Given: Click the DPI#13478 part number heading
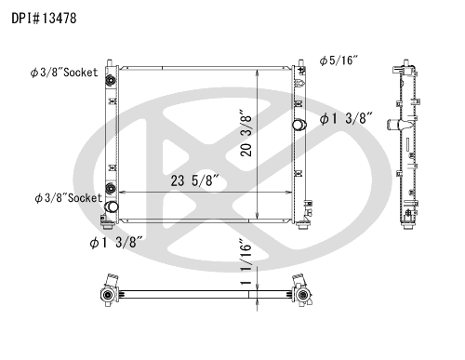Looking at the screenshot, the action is click(44, 19).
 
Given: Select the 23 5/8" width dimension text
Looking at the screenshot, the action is click(195, 180).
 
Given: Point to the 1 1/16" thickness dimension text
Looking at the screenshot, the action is click(246, 261).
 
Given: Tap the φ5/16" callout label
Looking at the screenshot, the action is click(339, 60).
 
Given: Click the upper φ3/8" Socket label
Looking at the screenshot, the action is click(64, 73).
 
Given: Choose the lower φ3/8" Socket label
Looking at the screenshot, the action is click(69, 198).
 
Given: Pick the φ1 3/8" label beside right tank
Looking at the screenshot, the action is click(346, 118).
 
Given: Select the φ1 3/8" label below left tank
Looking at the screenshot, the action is click(116, 242).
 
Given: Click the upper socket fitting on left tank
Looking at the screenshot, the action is click(111, 81).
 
